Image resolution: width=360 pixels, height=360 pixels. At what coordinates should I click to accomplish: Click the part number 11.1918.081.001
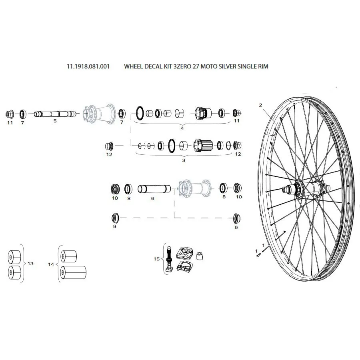[88, 66]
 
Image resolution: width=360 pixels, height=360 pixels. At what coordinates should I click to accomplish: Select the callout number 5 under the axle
[55, 121]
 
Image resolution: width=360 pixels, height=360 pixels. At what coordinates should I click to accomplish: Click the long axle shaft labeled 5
[55, 114]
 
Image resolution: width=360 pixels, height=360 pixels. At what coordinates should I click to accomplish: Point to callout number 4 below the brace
[182, 128]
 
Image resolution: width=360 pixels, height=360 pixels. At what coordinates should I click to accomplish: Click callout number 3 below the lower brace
[184, 160]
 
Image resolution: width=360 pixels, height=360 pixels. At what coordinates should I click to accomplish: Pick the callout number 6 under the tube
[153, 198]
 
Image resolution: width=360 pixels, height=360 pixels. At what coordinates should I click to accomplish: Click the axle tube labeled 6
[154, 189]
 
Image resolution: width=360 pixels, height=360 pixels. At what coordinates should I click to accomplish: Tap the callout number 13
[30, 264]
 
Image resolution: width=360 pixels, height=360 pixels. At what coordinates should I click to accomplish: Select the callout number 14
[51, 264]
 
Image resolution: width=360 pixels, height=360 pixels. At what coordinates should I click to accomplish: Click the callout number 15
[156, 259]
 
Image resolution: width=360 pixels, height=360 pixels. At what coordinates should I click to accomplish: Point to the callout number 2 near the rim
[260, 105]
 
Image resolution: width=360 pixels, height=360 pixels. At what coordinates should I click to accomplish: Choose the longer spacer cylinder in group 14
[73, 272]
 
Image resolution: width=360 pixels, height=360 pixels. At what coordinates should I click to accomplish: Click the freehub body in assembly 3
[203, 145]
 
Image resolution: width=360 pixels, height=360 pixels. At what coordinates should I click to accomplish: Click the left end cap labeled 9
[115, 218]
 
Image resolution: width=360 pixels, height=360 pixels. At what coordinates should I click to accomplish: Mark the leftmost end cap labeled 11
[10, 114]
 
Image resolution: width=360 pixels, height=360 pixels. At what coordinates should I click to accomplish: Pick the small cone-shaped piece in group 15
[200, 256]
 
